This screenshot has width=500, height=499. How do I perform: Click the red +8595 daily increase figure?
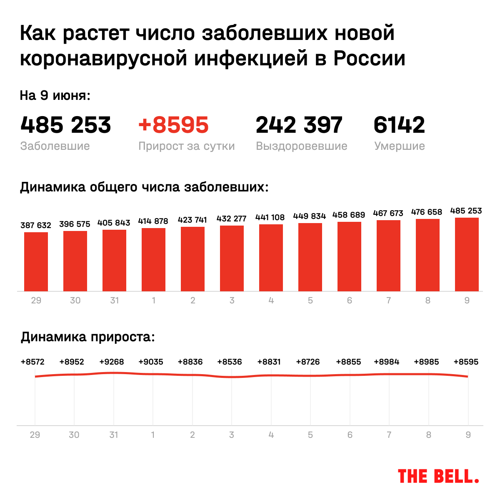[x=173, y=125]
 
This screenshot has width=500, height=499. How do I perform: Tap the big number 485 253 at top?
[x=65, y=125]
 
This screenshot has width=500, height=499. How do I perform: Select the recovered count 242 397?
[x=299, y=125]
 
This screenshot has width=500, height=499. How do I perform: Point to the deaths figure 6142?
[x=399, y=125]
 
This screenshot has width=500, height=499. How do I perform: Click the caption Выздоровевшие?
[x=301, y=146]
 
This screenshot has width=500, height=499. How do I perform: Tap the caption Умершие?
[x=399, y=146]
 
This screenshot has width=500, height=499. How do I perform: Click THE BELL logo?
[x=438, y=476]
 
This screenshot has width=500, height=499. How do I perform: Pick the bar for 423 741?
[x=192, y=259]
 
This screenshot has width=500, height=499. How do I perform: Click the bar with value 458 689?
[x=349, y=256]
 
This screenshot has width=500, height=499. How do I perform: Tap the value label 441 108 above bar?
[x=270, y=217]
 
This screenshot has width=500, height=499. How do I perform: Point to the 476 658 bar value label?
[x=427, y=212]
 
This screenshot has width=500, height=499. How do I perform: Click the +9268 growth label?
[x=111, y=362]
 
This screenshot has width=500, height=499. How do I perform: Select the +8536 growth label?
[x=230, y=362]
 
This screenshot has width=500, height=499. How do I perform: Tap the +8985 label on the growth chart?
[x=426, y=362]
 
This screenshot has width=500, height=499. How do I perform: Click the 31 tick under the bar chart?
[x=114, y=300]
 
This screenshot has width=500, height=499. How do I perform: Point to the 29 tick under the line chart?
[x=35, y=435]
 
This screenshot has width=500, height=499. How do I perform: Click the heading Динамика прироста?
[x=87, y=337]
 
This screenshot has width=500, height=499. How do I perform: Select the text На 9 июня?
[x=55, y=96]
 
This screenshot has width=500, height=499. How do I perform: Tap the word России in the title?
[x=369, y=59]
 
